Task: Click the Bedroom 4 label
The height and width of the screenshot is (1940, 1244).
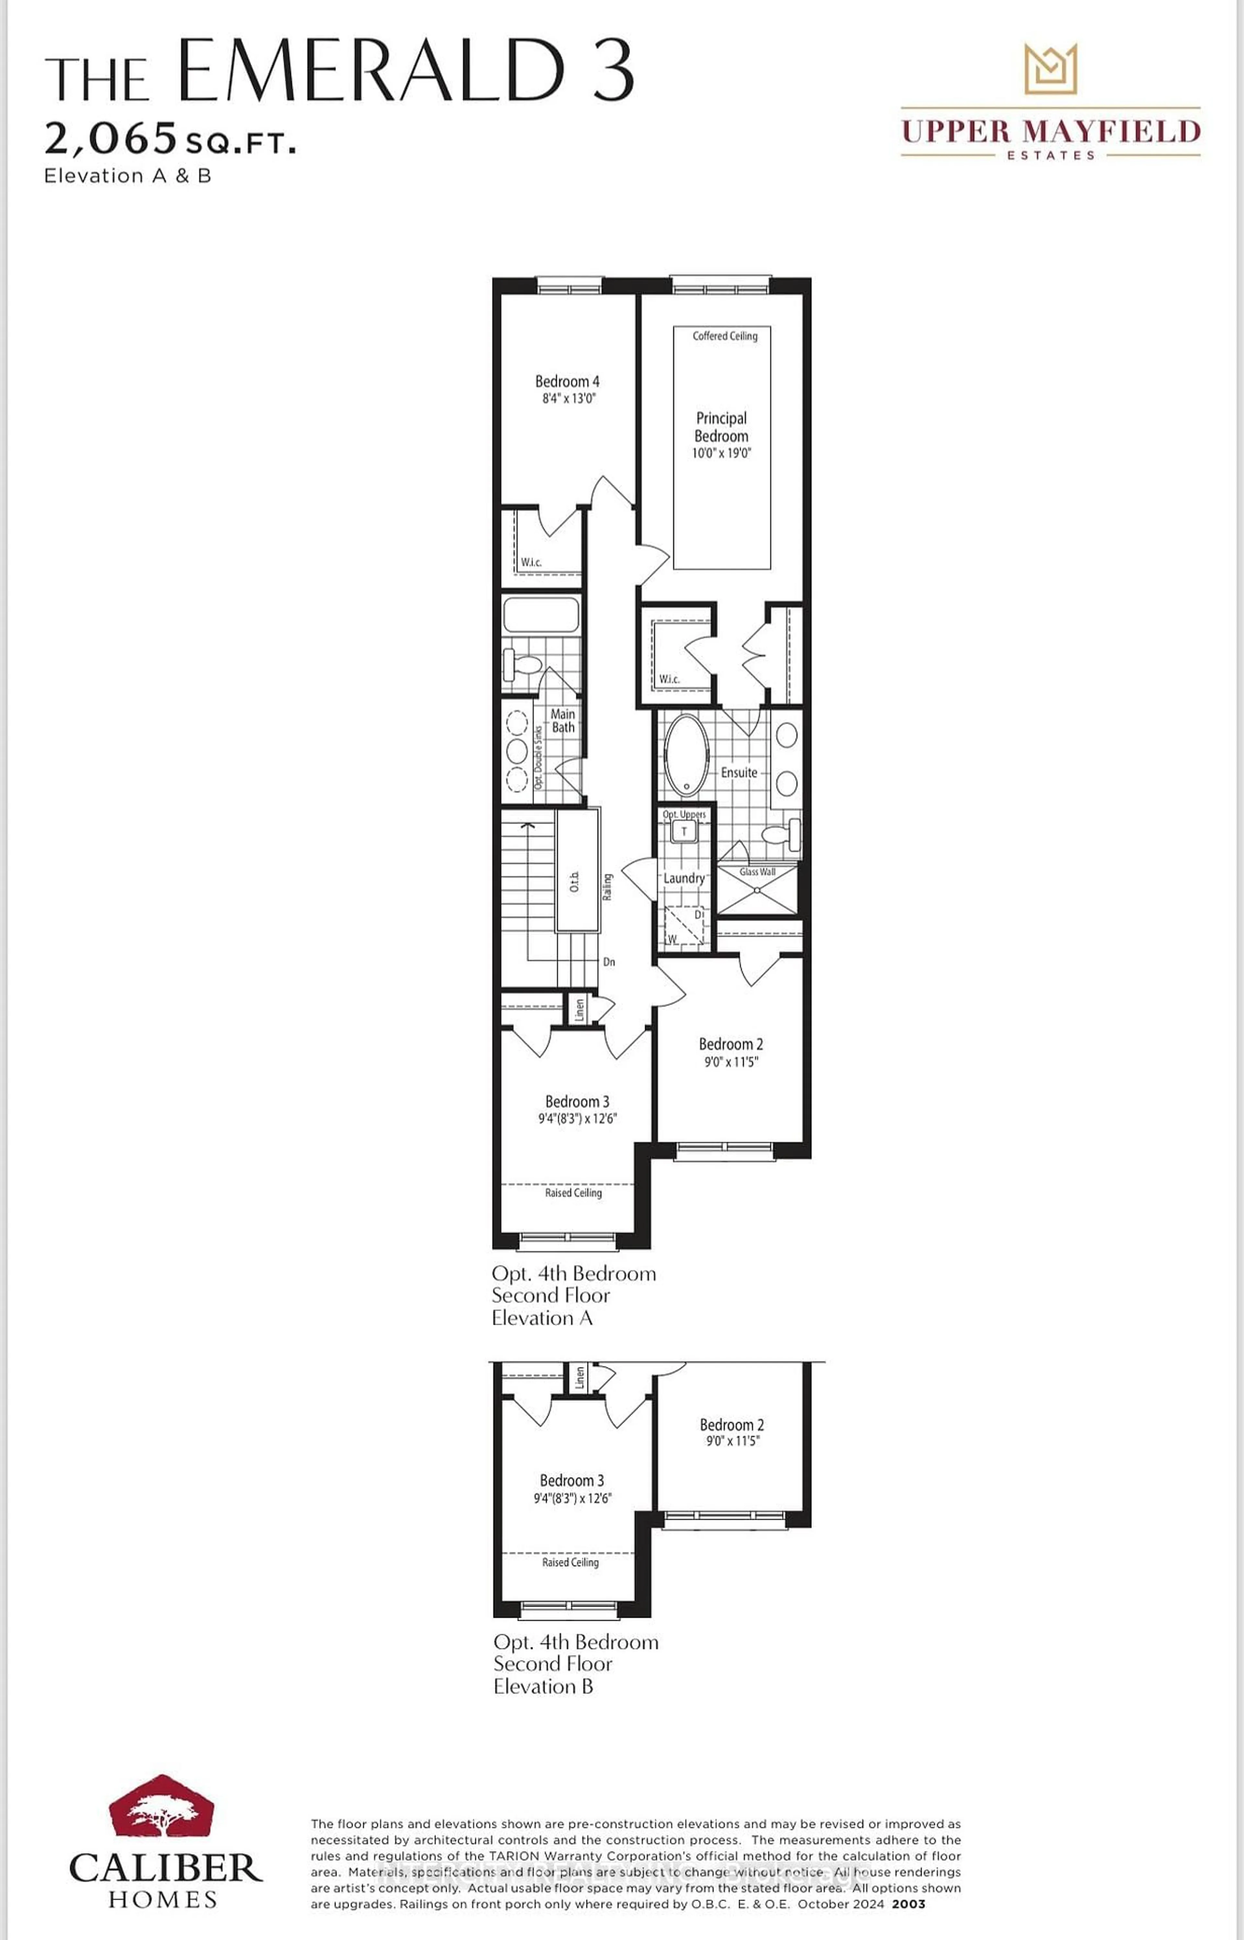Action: (x=567, y=381)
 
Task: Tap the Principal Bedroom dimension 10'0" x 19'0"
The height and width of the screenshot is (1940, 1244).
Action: (x=721, y=453)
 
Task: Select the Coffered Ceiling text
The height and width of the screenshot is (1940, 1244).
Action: (x=725, y=336)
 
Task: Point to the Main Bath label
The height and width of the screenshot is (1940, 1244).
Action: (x=563, y=720)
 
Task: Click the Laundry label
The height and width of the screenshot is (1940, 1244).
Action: (x=684, y=878)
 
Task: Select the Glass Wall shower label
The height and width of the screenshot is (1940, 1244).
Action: (x=757, y=871)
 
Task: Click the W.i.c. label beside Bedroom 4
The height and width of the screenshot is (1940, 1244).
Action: (x=531, y=562)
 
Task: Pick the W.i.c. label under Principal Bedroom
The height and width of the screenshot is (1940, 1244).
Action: (x=669, y=679)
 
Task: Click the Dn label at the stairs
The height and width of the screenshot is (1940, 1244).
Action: (x=609, y=962)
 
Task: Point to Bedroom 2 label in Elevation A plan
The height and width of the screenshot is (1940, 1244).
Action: (x=730, y=1044)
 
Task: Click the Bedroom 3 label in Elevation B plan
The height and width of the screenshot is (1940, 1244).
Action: (x=571, y=1480)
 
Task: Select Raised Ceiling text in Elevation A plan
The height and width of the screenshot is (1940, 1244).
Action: (x=573, y=1193)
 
